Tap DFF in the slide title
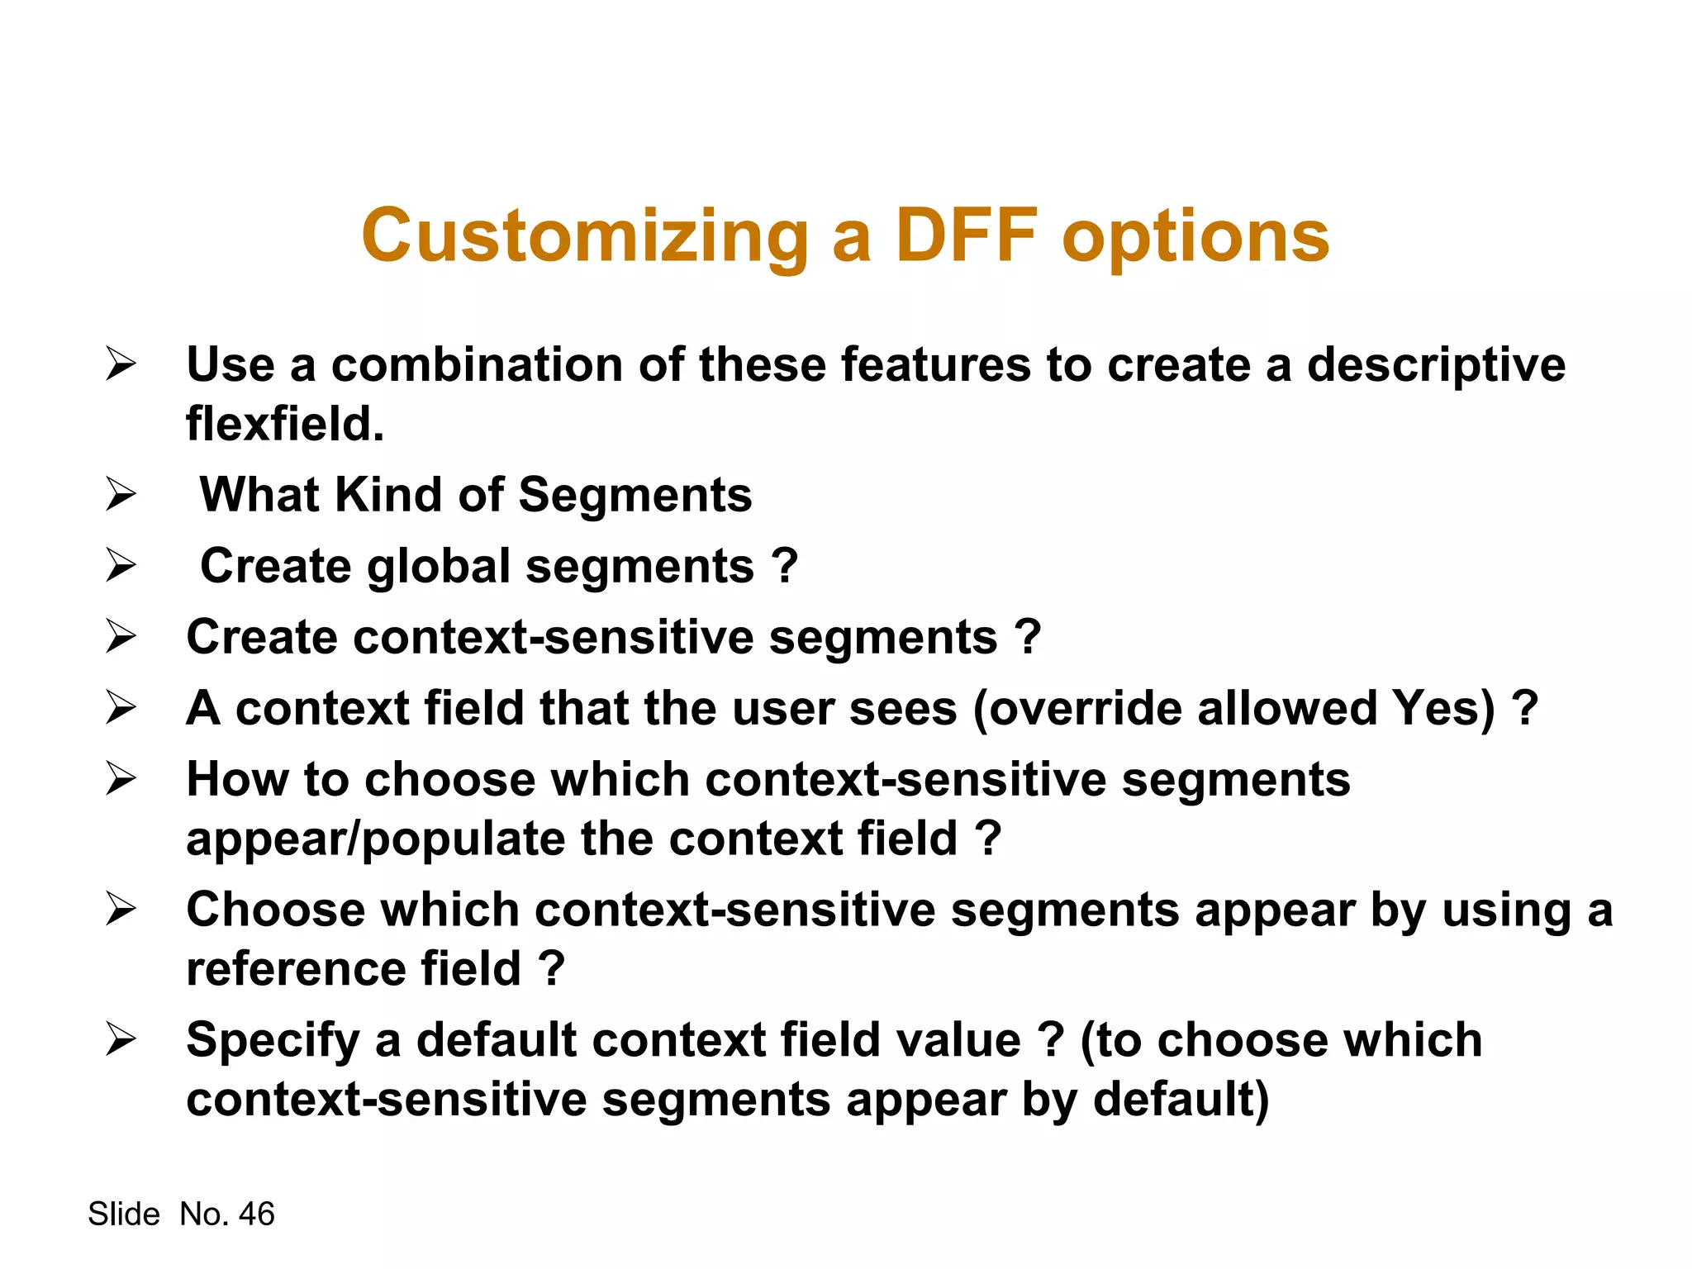[x=967, y=236]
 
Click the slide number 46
[x=256, y=1214]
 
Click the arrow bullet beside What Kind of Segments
[x=121, y=495]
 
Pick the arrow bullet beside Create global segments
[x=121, y=566]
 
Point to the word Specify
[x=273, y=1041]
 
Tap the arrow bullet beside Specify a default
[x=121, y=1039]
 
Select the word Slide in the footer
[x=124, y=1214]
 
